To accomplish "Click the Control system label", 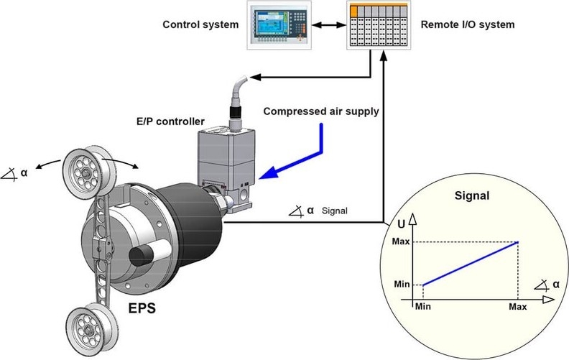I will tap(200, 24).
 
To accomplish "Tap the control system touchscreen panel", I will tap(277, 24).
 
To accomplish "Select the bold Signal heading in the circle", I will tap(472, 195).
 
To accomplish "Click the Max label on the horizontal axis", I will tap(517, 307).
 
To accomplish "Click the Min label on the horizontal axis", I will tap(424, 307).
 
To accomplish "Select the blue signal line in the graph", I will tap(471, 263).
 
